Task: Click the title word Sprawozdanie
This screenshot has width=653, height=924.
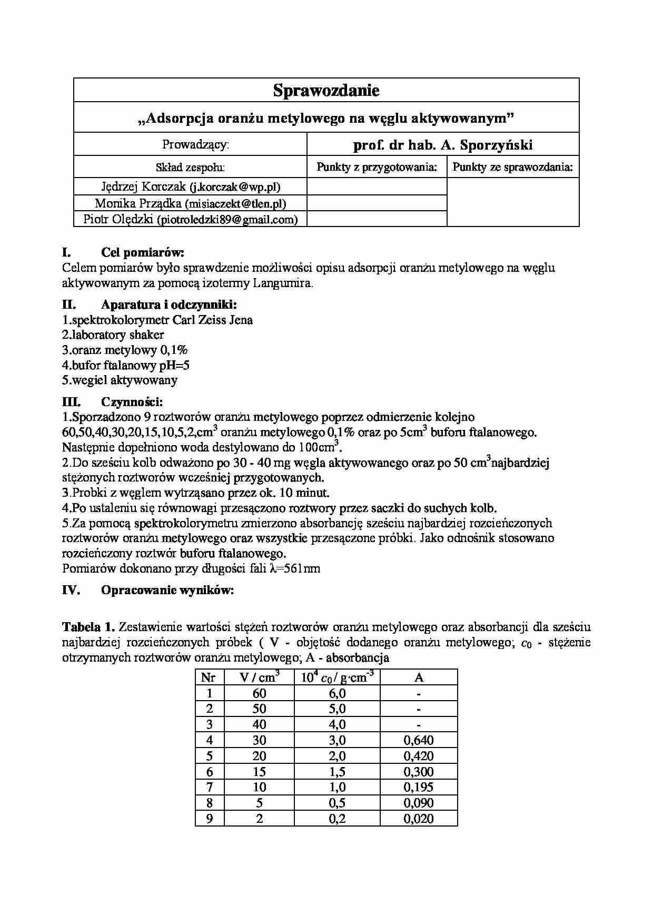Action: (326, 91)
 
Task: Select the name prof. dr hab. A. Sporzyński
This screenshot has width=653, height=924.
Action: (442, 145)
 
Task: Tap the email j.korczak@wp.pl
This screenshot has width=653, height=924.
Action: (235, 187)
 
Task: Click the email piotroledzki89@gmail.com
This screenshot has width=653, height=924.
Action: (227, 220)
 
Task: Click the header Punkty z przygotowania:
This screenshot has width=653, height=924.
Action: (377, 168)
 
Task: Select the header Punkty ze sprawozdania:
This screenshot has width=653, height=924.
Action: (512, 168)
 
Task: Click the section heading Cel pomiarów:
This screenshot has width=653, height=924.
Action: (142, 253)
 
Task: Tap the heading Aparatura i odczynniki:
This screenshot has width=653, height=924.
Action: (169, 304)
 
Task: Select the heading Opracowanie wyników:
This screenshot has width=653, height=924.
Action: (167, 590)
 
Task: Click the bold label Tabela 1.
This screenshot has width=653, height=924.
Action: (88, 627)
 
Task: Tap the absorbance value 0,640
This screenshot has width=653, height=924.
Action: (418, 740)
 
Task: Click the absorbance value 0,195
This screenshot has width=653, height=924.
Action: (418, 787)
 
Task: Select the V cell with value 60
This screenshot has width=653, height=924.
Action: (259, 693)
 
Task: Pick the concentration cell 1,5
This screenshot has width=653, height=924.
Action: (337, 772)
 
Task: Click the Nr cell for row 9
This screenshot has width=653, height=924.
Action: (209, 819)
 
